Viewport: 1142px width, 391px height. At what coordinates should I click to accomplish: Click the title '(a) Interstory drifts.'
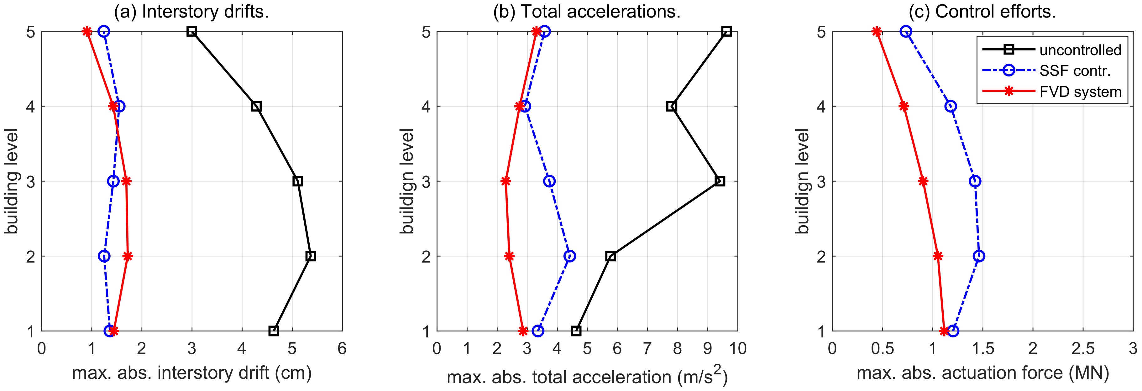point(191,12)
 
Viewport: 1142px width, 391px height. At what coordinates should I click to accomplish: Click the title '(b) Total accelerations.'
point(587,12)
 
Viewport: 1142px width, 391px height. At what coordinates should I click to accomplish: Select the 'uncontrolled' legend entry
point(1080,50)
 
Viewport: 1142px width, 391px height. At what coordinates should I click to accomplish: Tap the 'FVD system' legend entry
point(1080,92)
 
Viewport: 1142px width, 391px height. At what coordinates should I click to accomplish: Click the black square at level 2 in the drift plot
point(311,256)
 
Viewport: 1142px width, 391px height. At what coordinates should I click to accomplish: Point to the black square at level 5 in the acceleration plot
point(726,31)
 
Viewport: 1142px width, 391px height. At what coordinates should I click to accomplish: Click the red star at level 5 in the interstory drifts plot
point(87,31)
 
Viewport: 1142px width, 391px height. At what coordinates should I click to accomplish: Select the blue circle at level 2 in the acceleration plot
point(570,256)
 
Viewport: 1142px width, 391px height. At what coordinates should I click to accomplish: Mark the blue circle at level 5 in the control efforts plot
point(906,31)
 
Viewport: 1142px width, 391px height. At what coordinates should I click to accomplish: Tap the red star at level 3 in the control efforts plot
point(923,181)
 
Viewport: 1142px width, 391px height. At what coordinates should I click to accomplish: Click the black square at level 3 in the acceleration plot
point(720,181)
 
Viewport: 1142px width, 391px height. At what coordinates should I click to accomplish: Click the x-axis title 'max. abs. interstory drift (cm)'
point(191,373)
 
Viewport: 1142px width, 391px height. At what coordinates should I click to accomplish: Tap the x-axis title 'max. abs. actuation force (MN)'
point(982,373)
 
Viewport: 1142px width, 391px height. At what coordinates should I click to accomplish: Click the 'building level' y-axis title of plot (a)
point(12,181)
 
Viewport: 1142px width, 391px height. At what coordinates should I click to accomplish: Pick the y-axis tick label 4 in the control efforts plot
point(821,107)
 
